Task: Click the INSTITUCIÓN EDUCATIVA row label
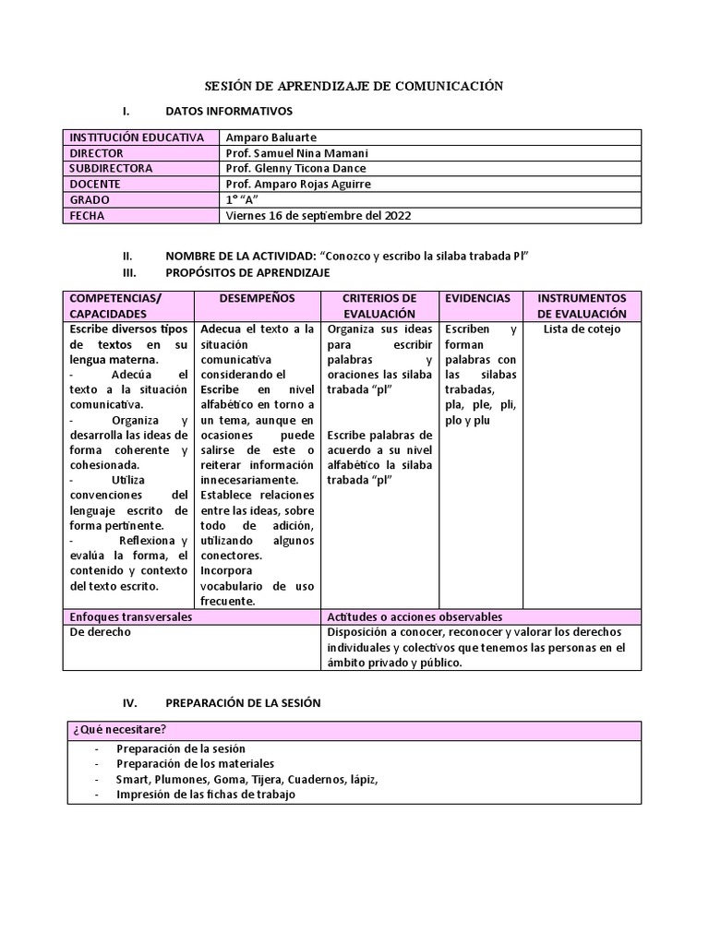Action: tap(137, 138)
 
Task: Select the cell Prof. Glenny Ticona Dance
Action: tap(296, 169)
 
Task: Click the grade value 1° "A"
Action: tap(243, 200)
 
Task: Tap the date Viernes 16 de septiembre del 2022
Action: tap(318, 216)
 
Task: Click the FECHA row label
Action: tap(88, 216)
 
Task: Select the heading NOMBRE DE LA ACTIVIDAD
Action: tap(239, 256)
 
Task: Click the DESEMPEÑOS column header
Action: tap(258, 299)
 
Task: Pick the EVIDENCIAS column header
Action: tap(477, 299)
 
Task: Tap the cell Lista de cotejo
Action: tap(582, 329)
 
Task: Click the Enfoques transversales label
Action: tap(131, 616)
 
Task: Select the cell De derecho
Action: tap(101, 632)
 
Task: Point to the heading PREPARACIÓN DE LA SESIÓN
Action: tap(243, 702)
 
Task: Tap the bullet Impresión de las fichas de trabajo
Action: tap(206, 795)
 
